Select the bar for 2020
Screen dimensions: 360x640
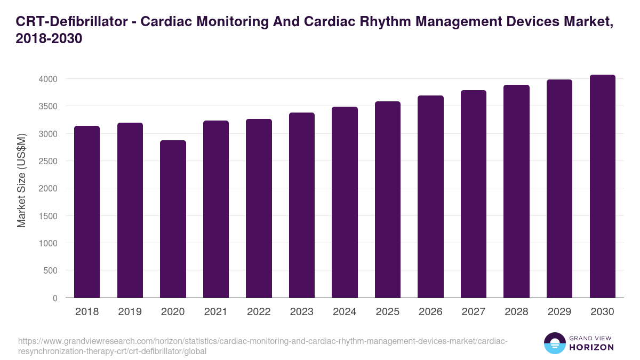pyautogui.click(x=173, y=219)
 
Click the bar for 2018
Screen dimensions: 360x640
pyautogui.click(x=87, y=212)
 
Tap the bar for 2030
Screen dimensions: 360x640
pyautogui.click(x=602, y=186)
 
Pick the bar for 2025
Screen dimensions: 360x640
pyautogui.click(x=388, y=199)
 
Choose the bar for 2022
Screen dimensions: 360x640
pyautogui.click(x=259, y=209)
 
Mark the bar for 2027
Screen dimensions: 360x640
pyautogui.click(x=474, y=194)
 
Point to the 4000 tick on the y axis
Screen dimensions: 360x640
pyautogui.click(x=47, y=79)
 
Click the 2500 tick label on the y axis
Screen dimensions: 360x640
pyautogui.click(x=47, y=161)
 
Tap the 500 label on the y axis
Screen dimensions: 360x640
pyautogui.click(x=50, y=270)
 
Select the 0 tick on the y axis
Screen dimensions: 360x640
pyautogui.click(x=55, y=298)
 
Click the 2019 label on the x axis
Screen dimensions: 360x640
pyautogui.click(x=130, y=312)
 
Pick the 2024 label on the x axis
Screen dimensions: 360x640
pyautogui.click(x=345, y=312)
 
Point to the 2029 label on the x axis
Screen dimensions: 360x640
pyautogui.click(x=559, y=312)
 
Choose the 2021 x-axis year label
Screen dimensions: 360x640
pyautogui.click(x=215, y=312)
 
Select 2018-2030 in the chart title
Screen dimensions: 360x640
pyautogui.click(x=49, y=39)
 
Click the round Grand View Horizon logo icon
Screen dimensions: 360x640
pyautogui.click(x=555, y=343)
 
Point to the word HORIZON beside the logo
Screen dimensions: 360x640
pyautogui.click(x=592, y=347)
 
